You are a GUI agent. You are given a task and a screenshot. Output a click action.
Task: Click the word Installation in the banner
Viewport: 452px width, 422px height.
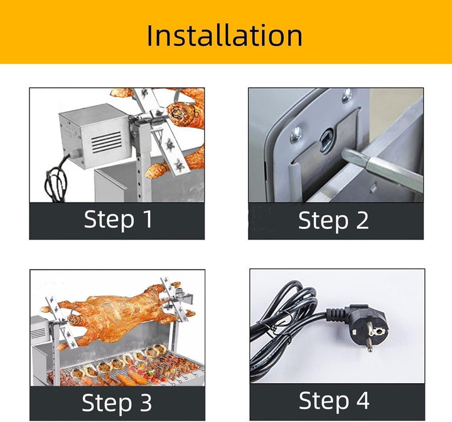(224, 35)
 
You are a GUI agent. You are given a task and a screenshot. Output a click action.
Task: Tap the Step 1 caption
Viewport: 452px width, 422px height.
(118, 219)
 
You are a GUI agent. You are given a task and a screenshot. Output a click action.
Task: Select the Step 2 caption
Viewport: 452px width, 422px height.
(333, 221)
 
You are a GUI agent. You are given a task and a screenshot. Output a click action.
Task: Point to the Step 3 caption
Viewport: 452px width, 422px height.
(117, 402)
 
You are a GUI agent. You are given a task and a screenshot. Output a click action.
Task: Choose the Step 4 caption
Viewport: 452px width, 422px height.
(334, 401)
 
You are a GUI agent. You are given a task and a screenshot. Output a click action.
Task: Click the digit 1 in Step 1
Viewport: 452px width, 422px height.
(148, 219)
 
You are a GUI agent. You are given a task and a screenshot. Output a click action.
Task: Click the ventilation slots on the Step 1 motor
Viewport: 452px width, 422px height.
(106, 142)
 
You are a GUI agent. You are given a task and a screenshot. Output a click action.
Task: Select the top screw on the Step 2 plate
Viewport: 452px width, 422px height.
(347, 95)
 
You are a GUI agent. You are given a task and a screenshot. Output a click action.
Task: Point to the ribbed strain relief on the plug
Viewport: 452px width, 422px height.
(336, 314)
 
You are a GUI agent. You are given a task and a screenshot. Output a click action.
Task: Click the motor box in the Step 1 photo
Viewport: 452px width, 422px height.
(95, 135)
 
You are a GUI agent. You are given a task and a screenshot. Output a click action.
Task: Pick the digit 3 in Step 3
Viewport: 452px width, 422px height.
(146, 402)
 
